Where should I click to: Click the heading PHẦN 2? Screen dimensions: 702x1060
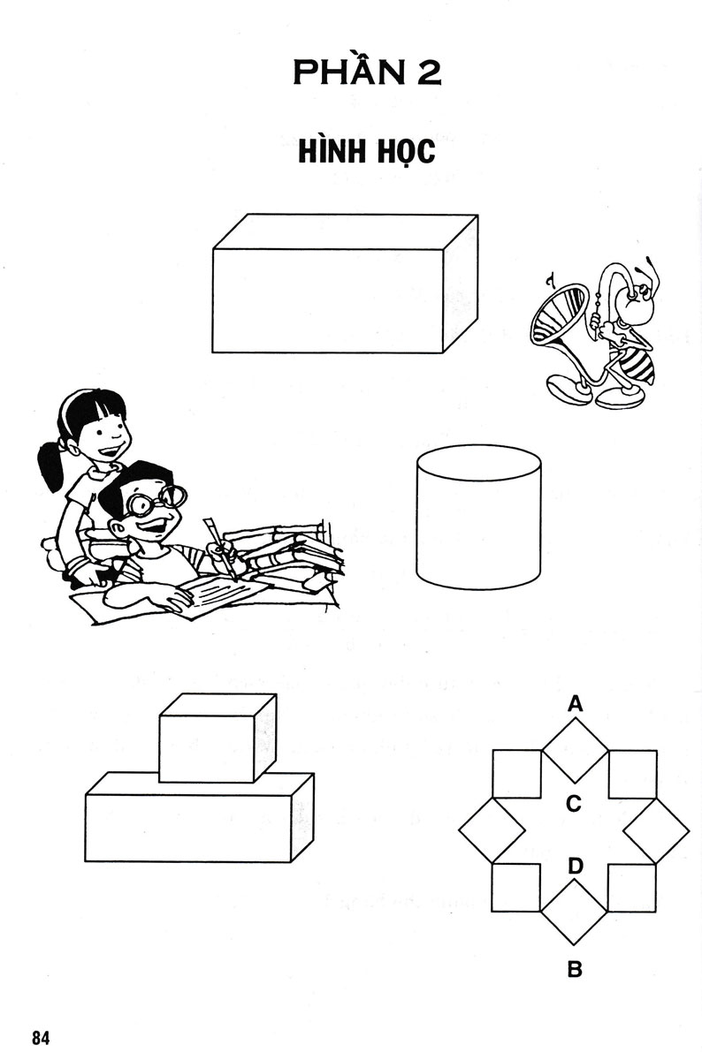click(367, 72)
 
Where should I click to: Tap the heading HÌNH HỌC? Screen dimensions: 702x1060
click(367, 151)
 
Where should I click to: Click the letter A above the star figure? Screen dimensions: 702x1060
click(575, 703)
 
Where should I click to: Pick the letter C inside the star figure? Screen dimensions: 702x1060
click(574, 803)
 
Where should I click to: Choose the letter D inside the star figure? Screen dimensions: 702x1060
click(575, 866)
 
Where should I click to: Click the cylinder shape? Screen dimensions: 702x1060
click(478, 517)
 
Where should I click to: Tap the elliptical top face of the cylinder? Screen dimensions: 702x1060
click(478, 462)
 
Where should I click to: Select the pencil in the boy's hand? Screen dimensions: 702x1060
click(219, 548)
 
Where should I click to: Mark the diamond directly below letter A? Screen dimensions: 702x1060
click(575, 750)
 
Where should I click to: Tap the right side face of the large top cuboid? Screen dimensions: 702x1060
click(461, 284)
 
